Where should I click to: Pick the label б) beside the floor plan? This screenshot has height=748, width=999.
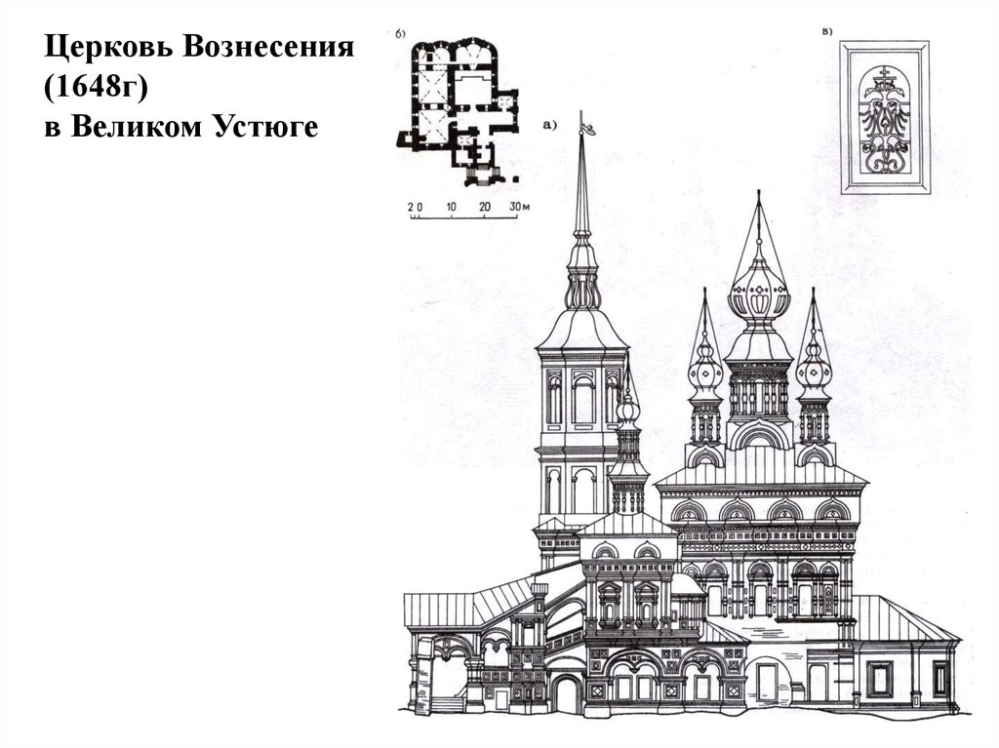[x=401, y=36]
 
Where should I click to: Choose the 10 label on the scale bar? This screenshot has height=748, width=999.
[x=450, y=208]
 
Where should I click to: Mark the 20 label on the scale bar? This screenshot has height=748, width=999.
[x=484, y=208]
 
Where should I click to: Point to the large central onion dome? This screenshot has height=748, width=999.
[x=759, y=293]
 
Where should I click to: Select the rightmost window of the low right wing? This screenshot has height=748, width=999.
[x=939, y=678]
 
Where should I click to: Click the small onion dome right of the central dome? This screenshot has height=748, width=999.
[x=814, y=373]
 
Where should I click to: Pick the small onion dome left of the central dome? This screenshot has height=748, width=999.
[x=705, y=373]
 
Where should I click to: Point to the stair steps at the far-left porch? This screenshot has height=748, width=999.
[x=448, y=703]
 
